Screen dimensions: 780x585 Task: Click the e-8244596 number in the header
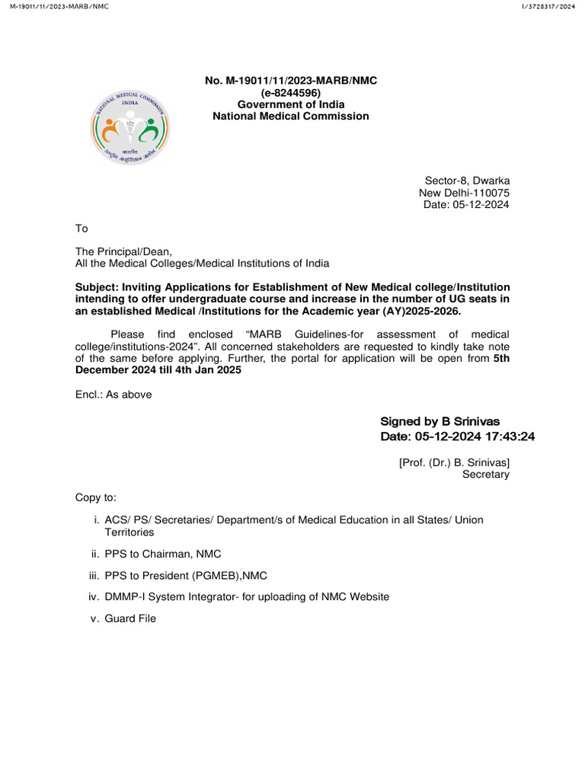click(290, 92)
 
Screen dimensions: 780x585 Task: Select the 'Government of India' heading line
click(290, 104)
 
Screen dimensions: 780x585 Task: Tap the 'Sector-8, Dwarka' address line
click(467, 181)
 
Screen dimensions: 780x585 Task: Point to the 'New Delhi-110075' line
click(464, 193)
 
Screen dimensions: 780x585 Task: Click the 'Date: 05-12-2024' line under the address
click(466, 204)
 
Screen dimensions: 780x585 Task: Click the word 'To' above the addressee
click(82, 229)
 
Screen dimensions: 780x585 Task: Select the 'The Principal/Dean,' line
click(123, 251)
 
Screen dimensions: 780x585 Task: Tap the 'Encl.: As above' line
click(113, 395)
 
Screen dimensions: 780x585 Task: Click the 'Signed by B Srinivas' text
click(440, 421)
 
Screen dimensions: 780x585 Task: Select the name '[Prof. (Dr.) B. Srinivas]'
click(454, 462)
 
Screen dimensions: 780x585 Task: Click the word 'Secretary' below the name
click(486, 474)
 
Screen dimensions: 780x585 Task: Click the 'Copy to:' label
click(95, 497)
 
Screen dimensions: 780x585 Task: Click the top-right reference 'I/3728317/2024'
click(548, 6)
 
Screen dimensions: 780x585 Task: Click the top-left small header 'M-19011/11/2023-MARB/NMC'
click(55, 6)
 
